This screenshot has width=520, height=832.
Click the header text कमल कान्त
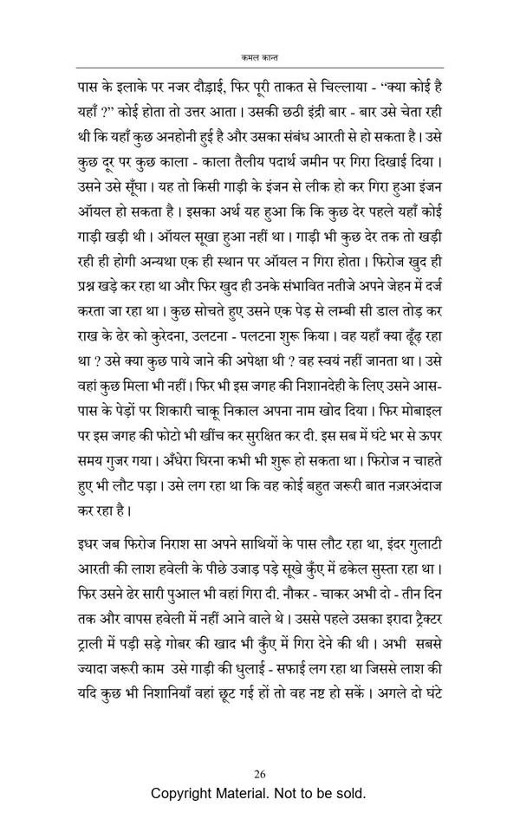point(260,55)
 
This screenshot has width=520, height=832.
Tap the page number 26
point(260,775)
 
